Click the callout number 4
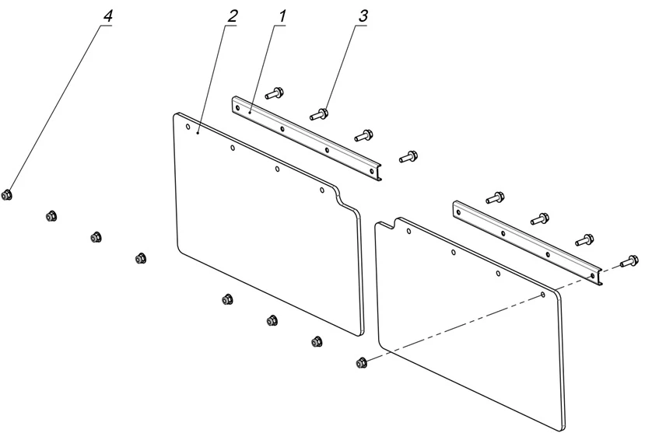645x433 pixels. (x=108, y=16)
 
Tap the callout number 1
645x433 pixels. (x=282, y=16)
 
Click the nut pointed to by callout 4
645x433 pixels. (x=7, y=195)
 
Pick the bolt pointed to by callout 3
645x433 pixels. (x=319, y=114)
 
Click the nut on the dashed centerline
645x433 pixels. (x=361, y=362)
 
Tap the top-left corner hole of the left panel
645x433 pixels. (x=188, y=126)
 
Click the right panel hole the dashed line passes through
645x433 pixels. (x=542, y=295)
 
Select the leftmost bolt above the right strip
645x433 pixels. (x=494, y=197)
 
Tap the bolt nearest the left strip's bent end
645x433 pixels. (x=407, y=157)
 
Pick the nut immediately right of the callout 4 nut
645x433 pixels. (x=52, y=216)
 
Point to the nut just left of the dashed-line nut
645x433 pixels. (x=316, y=341)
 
